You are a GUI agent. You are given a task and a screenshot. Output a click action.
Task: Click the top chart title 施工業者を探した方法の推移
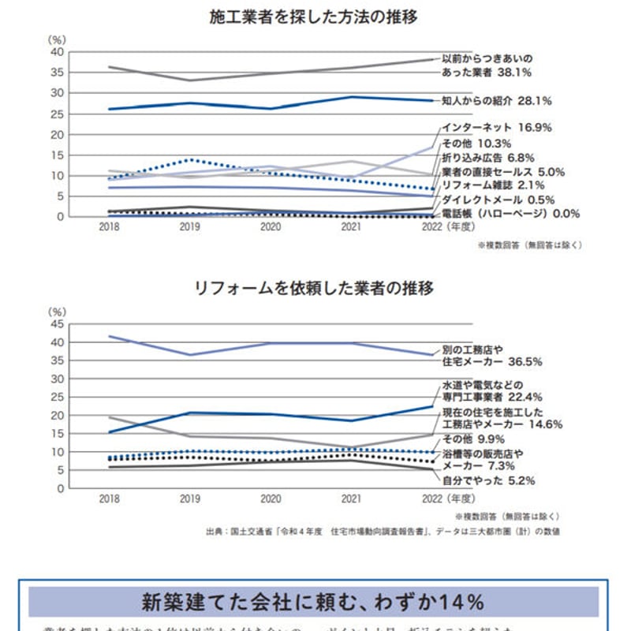314,16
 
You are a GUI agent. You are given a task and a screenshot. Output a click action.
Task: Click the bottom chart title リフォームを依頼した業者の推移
314,288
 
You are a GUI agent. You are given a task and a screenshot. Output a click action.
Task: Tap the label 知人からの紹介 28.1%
496,101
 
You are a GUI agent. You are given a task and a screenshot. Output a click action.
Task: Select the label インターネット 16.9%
496,127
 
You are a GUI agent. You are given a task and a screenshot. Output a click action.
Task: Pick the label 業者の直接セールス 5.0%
503,171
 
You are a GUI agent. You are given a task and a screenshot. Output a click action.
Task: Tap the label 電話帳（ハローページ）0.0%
510,214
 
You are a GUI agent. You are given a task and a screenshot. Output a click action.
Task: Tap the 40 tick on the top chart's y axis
56,52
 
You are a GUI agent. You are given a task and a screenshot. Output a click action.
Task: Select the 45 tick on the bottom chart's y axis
56,324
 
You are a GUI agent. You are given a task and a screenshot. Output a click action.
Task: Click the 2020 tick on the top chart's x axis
270,227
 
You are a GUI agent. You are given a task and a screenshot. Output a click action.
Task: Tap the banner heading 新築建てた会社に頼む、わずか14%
313,603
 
